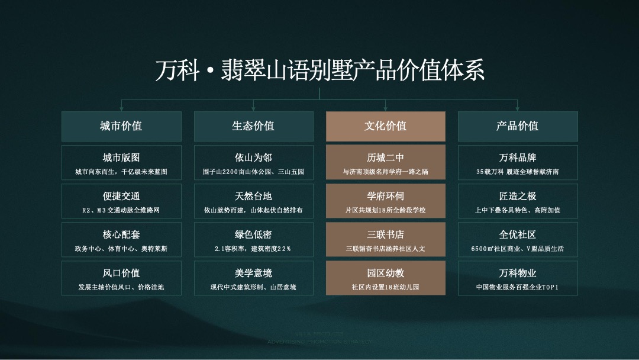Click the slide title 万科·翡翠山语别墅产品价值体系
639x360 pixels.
click(319, 70)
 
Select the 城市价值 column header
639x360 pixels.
click(121, 126)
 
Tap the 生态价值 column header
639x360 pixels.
click(253, 126)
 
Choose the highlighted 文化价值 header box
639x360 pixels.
click(385, 126)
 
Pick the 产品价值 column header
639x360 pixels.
click(517, 126)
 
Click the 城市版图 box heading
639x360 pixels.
click(121, 157)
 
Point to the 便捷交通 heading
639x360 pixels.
click(121, 196)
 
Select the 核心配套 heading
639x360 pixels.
click(121, 234)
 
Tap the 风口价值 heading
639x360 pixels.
click(121, 273)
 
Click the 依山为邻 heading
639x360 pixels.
click(253, 157)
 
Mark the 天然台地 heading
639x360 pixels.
click(253, 196)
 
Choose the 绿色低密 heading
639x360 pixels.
click(253, 234)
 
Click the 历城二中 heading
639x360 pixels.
click(385, 157)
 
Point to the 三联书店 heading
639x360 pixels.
click(385, 234)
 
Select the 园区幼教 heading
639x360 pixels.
click(385, 273)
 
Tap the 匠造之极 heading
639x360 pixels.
click(517, 196)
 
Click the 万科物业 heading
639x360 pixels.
click(517, 273)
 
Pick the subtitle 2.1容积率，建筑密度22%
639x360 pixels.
click(253, 249)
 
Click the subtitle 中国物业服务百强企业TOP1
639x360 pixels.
click(517, 288)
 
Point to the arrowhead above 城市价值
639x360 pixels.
click(121, 108)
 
